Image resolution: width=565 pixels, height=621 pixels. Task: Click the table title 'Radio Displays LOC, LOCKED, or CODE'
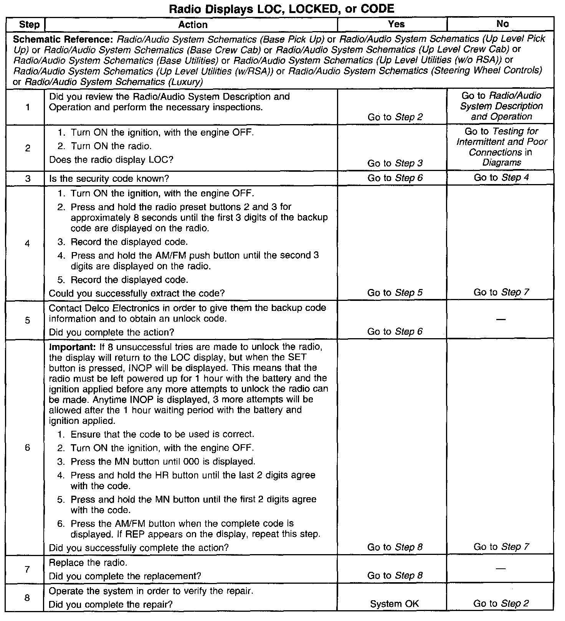pos(282,8)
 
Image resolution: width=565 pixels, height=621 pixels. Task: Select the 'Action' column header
pos(193,25)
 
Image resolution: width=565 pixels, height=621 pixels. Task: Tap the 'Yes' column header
pos(396,24)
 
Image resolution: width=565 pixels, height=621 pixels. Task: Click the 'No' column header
pos(502,24)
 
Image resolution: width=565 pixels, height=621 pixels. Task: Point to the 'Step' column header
pos(29,25)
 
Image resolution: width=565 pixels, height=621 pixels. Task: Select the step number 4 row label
pos(27,243)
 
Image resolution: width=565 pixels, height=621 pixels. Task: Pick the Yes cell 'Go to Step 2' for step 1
pos(395,117)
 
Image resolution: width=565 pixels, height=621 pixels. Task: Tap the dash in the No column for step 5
pos(501,319)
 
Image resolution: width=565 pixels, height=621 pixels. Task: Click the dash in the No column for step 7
pos(501,568)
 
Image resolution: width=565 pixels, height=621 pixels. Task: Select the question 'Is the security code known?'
pos(109,179)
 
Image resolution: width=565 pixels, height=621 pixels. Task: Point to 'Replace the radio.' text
pos(88,563)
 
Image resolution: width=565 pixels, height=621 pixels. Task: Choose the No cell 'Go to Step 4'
pos(501,178)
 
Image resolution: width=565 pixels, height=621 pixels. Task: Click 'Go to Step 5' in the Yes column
pos(395,293)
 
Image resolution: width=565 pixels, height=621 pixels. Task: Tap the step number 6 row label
pos(27,448)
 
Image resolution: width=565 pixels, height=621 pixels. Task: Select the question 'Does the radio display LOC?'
pos(111,159)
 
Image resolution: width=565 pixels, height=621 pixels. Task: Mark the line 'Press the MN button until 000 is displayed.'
pos(163,461)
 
